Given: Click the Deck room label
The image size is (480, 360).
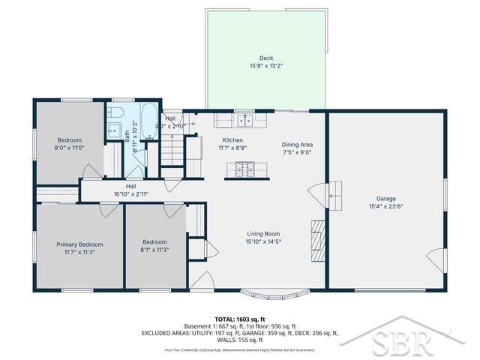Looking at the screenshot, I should click(266, 58).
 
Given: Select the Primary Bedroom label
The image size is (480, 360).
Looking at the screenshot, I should click(79, 244).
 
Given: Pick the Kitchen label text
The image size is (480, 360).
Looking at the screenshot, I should click(232, 140).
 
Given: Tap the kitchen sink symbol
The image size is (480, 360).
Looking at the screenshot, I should click(244, 120).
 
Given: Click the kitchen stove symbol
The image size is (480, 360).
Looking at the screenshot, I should click(244, 170).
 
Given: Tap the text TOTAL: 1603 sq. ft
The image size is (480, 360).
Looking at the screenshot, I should click(240, 319).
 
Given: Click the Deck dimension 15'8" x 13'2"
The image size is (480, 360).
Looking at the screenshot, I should click(266, 66).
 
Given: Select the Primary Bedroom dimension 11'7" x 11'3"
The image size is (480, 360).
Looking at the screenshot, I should click(79, 252).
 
